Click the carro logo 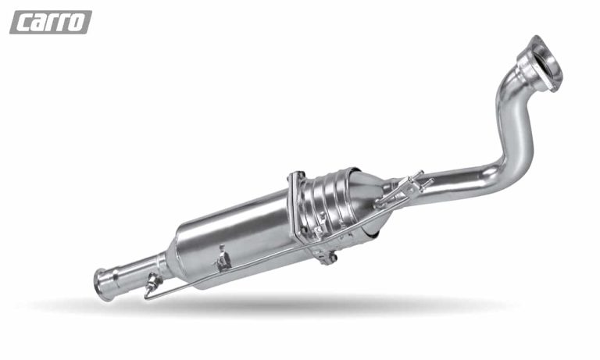51,22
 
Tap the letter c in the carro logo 23,23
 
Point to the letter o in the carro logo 77,23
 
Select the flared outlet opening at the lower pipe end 103,284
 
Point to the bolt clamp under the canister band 324,256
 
